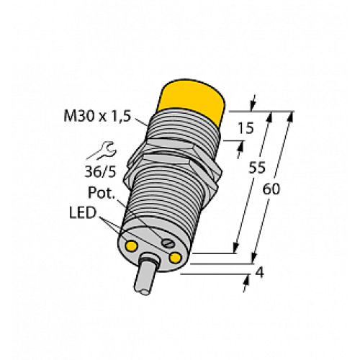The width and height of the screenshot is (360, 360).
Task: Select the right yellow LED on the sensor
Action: (x=175, y=256)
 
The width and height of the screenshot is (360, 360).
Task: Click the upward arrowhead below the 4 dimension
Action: (x=246, y=280)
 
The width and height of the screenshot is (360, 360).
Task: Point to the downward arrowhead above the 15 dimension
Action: (x=253, y=104)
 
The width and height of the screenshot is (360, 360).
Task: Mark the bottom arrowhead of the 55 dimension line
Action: (x=237, y=248)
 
